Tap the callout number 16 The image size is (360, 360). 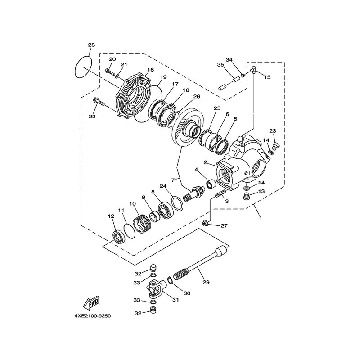[151, 70]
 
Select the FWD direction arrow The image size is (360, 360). [91, 302]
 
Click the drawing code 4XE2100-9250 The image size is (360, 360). [93, 316]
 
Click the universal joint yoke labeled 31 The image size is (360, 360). [156, 287]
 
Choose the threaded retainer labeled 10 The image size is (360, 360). [142, 223]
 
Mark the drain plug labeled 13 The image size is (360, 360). [247, 197]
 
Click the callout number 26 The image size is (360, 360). [197, 96]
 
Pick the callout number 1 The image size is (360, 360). [261, 217]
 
